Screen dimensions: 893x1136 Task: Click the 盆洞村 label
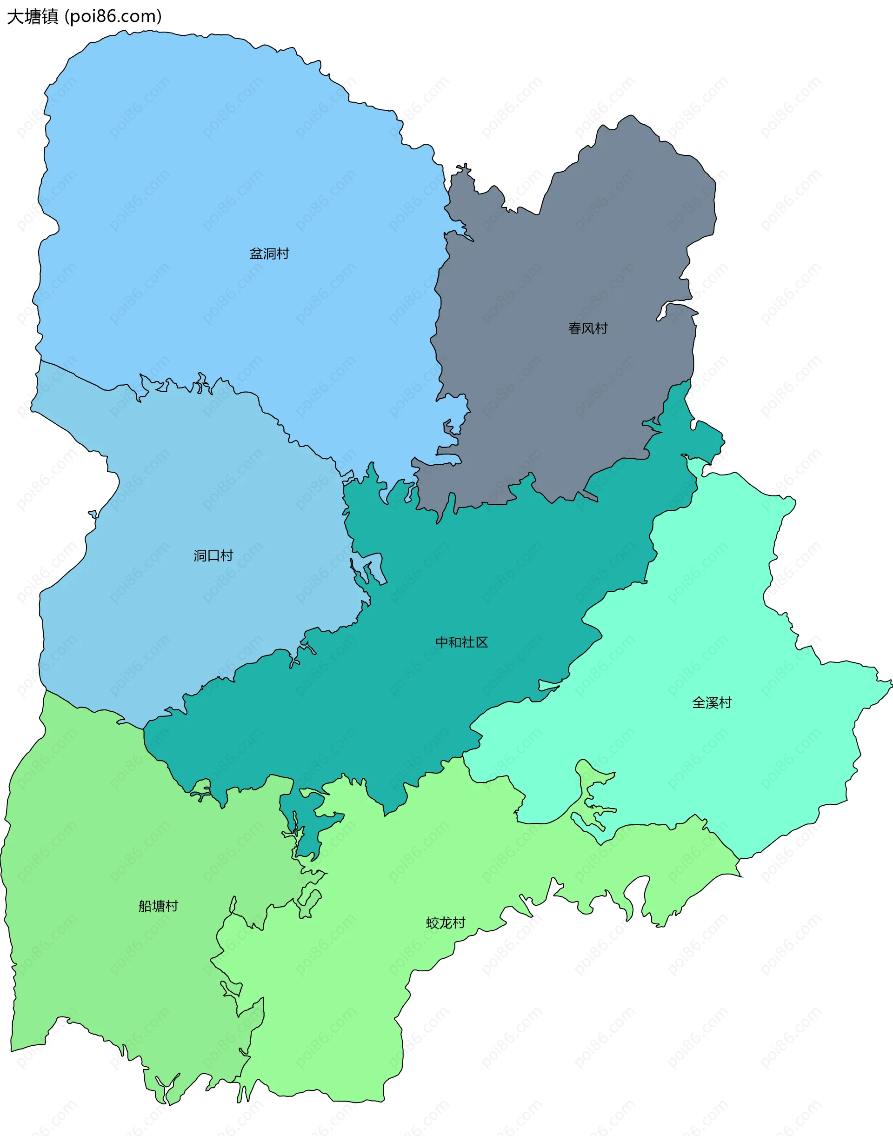coord(269,254)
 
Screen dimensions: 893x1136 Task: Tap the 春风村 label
coord(588,328)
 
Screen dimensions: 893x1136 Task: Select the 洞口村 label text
coord(213,555)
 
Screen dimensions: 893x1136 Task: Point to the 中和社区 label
coord(462,642)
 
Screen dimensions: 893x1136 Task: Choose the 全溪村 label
coord(712,703)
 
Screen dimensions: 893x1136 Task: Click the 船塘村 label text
coord(159,906)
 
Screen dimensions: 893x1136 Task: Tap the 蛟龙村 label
coord(446,922)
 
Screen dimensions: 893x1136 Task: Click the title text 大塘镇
coord(33,17)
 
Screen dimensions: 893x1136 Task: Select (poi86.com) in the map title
coord(113,17)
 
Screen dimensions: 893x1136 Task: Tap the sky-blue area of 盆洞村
coord(209,183)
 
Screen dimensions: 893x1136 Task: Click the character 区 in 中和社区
coord(481,642)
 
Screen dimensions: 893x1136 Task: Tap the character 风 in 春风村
coord(588,328)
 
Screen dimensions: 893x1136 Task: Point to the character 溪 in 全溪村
coord(712,703)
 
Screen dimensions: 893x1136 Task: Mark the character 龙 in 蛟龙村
coord(446,922)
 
